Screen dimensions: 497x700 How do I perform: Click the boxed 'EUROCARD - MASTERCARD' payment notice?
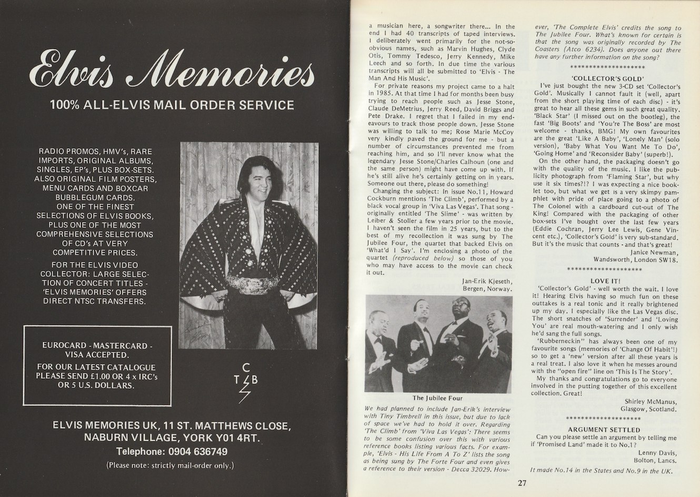(98, 366)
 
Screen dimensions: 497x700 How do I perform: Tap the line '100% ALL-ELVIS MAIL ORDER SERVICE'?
(172, 105)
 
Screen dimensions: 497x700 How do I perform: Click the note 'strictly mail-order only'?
(170, 465)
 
